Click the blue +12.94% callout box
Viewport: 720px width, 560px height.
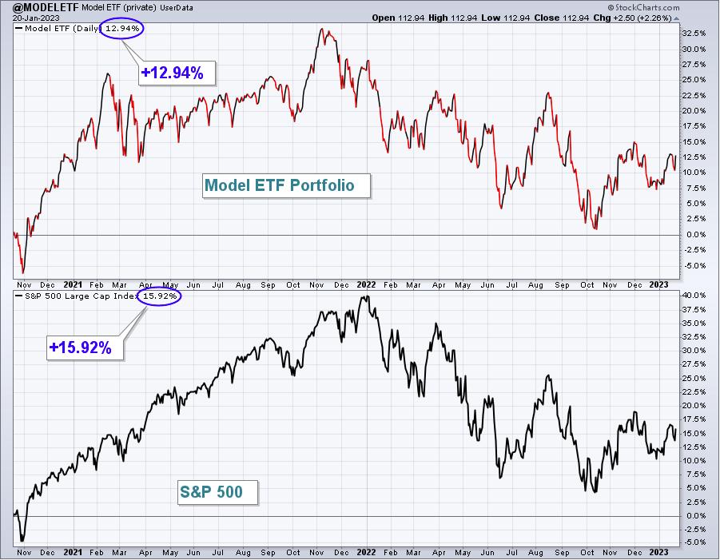177,73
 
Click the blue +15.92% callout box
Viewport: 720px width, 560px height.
85,348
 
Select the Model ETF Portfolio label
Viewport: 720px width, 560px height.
286,185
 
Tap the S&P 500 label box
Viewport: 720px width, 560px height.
217,492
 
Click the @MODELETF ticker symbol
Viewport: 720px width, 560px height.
46,7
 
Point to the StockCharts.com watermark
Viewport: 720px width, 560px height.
643,7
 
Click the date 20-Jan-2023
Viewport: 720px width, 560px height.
36,18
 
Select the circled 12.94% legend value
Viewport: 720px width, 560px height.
121,29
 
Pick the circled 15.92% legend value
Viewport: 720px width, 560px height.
160,296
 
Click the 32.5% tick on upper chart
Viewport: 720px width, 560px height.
694,34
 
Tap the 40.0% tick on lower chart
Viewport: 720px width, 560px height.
694,295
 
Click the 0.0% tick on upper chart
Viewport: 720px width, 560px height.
696,235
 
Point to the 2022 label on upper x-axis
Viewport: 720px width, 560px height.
366,284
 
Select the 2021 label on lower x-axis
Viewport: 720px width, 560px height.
73,552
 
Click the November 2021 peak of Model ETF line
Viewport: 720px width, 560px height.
322,29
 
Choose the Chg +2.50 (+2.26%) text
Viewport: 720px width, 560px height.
641,18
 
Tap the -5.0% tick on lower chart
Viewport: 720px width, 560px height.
694,542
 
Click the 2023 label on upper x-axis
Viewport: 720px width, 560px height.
658,284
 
